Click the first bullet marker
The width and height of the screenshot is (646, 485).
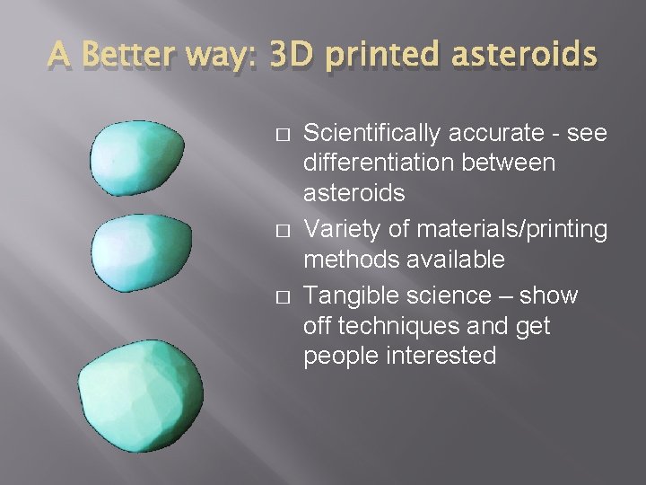281,135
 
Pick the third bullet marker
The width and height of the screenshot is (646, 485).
281,296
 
